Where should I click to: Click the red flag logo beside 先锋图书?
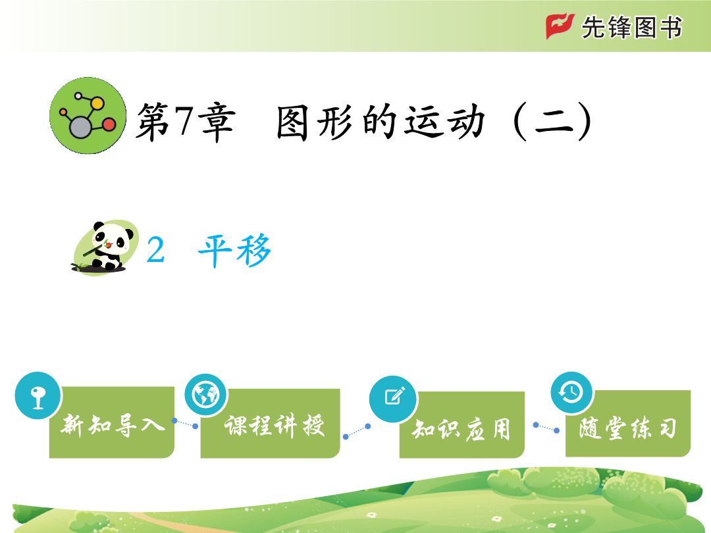[x=560, y=26]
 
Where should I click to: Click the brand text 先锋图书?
[x=631, y=27]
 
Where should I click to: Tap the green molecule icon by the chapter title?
[x=88, y=116]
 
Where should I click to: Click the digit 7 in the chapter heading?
[x=184, y=120]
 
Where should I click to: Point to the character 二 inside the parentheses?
[x=554, y=122]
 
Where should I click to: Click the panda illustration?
[x=105, y=247]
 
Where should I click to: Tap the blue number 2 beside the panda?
[x=155, y=250]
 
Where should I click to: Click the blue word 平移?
[x=234, y=250]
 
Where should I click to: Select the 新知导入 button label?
[x=113, y=425]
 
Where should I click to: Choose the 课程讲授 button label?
[x=275, y=426]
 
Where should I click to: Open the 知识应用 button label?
[x=461, y=429]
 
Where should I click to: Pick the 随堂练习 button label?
[x=628, y=428]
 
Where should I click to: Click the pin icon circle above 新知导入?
[x=38, y=395]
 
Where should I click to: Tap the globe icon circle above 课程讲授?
[x=205, y=395]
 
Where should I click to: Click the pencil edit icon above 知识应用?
[x=393, y=399]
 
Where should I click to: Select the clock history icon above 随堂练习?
[x=571, y=392]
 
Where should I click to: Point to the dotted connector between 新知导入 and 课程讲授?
[x=185, y=423]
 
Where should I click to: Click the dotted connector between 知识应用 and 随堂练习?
[x=546, y=428]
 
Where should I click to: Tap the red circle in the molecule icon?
[x=109, y=124]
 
